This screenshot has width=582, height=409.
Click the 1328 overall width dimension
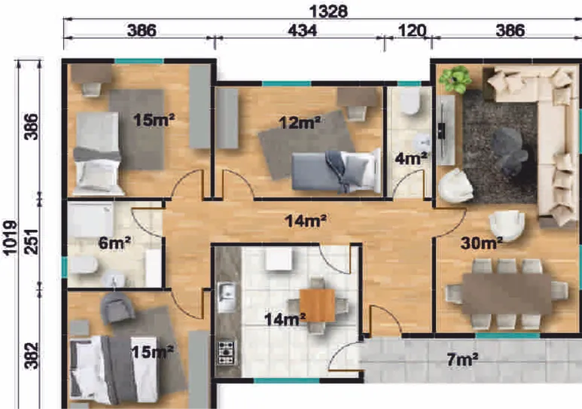[328, 11]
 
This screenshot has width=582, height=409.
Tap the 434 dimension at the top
[303, 30]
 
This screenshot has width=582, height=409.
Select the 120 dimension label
[412, 30]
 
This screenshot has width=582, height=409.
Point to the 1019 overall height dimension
[10, 238]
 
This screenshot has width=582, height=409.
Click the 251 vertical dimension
[32, 242]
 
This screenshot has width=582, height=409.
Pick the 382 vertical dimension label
[32, 356]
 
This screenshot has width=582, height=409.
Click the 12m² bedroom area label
[300, 122]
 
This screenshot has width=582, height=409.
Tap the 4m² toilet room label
[411, 159]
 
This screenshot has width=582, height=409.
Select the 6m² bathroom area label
[114, 243]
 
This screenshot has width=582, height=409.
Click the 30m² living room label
[481, 243]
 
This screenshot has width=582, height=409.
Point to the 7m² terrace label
[462, 359]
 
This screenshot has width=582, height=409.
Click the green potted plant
[456, 79]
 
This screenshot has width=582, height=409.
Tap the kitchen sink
[227, 296]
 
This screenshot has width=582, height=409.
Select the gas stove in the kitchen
[227, 353]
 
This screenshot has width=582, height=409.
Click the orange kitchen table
[318, 305]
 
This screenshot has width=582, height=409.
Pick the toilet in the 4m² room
[410, 102]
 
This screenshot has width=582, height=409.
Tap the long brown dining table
[507, 294]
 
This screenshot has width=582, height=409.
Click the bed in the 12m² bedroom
[337, 171]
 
